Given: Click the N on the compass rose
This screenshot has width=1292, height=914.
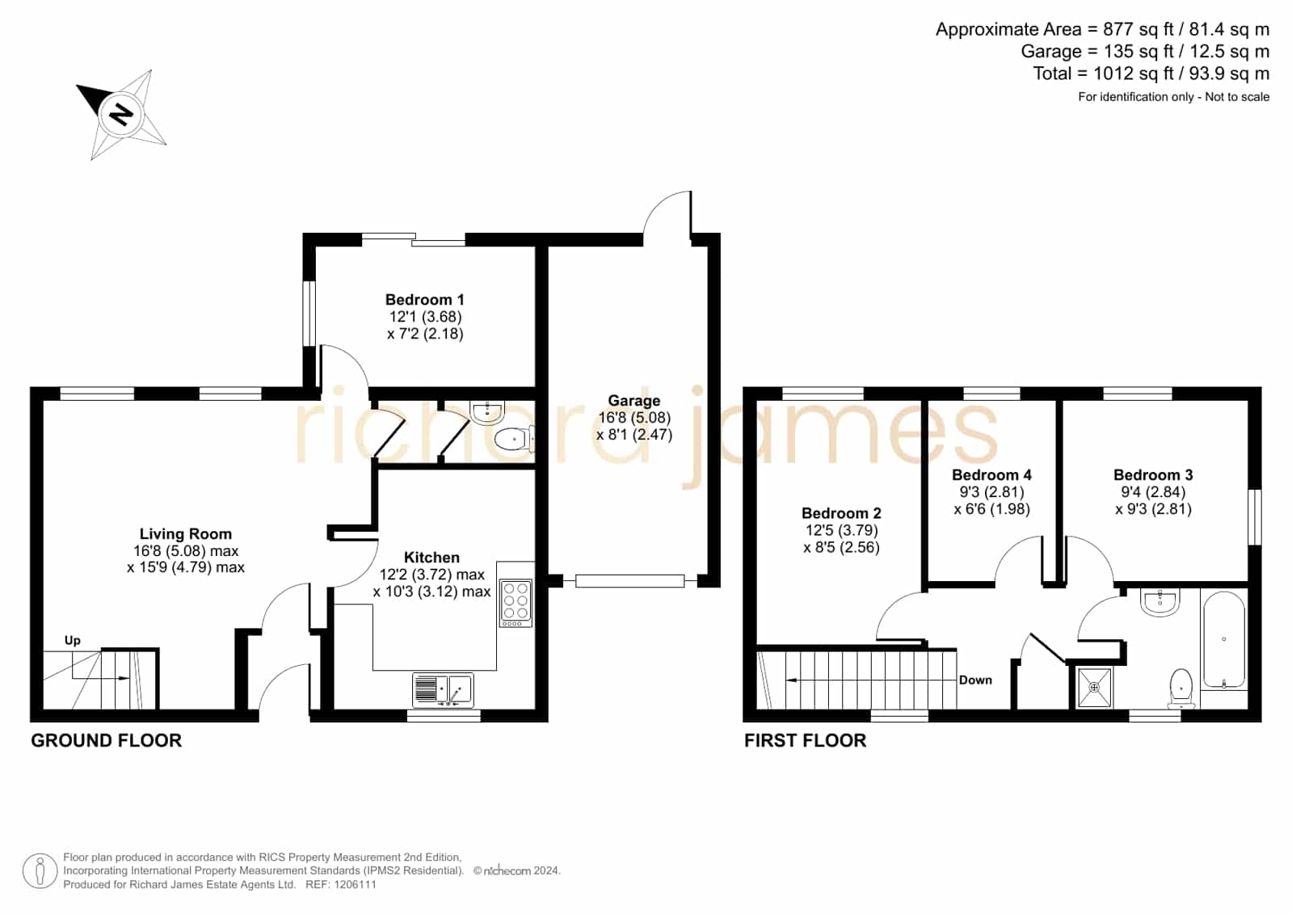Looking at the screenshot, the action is point(121,114).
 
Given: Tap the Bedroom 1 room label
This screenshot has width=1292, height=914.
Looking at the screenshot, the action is point(424,300).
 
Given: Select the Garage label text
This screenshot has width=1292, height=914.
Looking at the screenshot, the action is point(634,401).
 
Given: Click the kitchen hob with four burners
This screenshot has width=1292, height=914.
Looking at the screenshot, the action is point(515,603).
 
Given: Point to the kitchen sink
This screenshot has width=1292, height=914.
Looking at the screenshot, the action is point(443,689).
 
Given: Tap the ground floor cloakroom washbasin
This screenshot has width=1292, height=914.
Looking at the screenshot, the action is point(487,411).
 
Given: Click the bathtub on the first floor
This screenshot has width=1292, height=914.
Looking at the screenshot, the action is point(1223,639).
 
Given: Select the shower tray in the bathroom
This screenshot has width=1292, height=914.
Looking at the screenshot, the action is point(1094,687).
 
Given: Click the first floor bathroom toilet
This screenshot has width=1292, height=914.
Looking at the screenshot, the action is point(1180,688).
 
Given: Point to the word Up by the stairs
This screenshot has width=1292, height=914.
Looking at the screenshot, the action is point(72,641).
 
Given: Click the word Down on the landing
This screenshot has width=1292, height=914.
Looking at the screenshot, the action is point(975,680).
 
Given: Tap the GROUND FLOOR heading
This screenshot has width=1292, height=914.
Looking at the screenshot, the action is point(106,740).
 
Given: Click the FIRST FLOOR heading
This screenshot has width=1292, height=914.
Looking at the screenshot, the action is point(806,740).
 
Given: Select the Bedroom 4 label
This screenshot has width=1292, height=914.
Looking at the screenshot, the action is point(991,475).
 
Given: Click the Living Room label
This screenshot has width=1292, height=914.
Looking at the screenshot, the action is point(186,533).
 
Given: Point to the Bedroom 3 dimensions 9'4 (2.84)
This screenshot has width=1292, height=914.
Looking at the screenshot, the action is point(1153,492).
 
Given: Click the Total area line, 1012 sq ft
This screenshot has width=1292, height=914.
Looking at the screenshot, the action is point(1151,74).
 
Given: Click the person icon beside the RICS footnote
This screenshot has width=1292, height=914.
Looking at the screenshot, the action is point(40,870).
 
